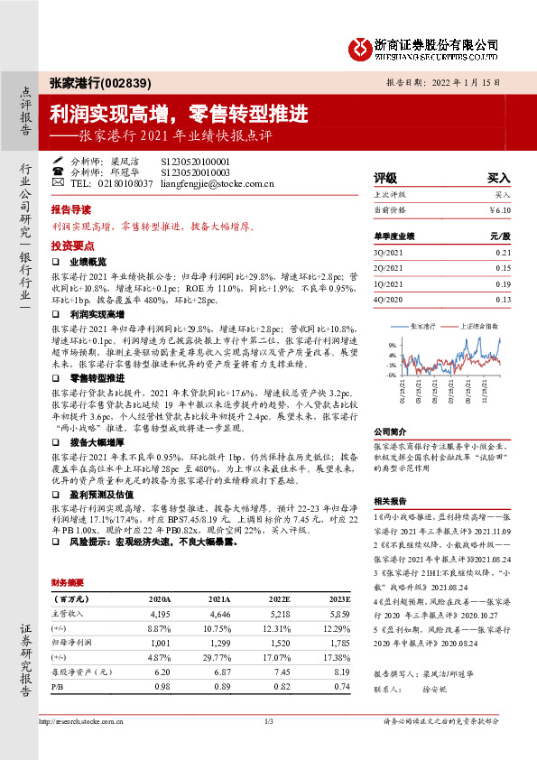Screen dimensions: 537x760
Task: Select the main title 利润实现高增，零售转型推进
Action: coord(179,114)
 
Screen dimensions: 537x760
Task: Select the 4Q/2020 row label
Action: coord(389,300)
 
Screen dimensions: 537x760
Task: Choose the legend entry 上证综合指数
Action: coord(478,324)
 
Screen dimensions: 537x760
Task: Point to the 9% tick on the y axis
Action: coord(391,345)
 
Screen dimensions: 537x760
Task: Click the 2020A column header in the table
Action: coord(159,573)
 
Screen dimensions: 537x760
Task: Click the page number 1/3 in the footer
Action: coord(268,721)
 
